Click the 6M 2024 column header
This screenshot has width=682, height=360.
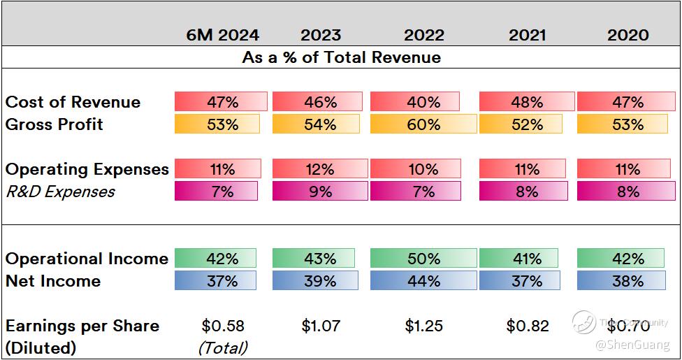[x=222, y=35]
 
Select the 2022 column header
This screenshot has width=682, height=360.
[x=423, y=35]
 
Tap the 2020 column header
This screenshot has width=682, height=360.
[x=627, y=35]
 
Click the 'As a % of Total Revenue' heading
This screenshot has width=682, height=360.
[x=341, y=57]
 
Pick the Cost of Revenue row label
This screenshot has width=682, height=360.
[x=73, y=102]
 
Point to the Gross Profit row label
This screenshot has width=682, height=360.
[x=54, y=124]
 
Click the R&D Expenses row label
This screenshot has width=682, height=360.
[x=60, y=192]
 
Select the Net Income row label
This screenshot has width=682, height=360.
[x=53, y=281]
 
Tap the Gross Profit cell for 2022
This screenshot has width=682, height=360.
[x=423, y=124]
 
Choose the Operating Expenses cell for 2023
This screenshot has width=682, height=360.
[x=319, y=169]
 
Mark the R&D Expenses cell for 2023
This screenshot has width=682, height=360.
[x=319, y=192]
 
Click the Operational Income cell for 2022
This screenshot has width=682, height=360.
[x=423, y=259]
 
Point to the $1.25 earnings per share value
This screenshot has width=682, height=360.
[x=423, y=326]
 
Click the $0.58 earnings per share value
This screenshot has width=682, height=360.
[x=222, y=326]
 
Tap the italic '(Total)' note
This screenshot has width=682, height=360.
[x=222, y=347]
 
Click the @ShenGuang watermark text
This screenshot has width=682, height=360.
[x=632, y=345]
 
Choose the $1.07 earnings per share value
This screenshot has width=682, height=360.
[x=320, y=326]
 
